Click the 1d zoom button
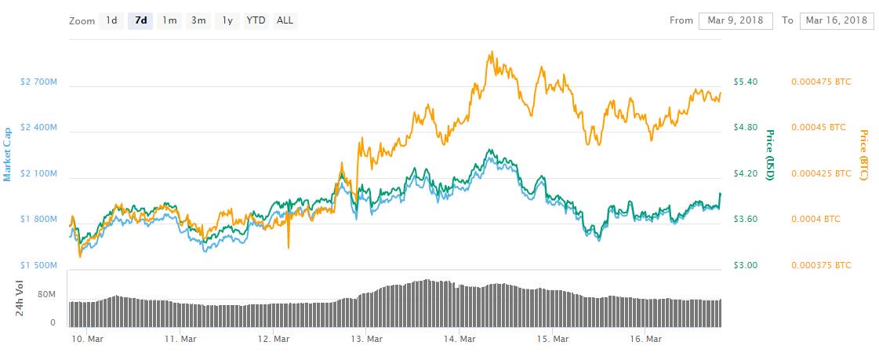click(x=111, y=20)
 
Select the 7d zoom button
click(x=141, y=20)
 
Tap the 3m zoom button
click(x=198, y=20)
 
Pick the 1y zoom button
click(x=227, y=20)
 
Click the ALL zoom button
click(x=285, y=20)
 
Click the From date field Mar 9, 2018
click(x=736, y=20)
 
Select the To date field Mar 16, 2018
click(x=836, y=20)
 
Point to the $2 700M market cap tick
click(x=38, y=82)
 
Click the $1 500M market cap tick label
click(x=38, y=265)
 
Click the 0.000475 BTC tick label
click(x=821, y=82)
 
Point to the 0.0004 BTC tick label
click(x=815, y=219)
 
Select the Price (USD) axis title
click(x=770, y=155)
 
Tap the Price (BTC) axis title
click(x=864, y=155)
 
